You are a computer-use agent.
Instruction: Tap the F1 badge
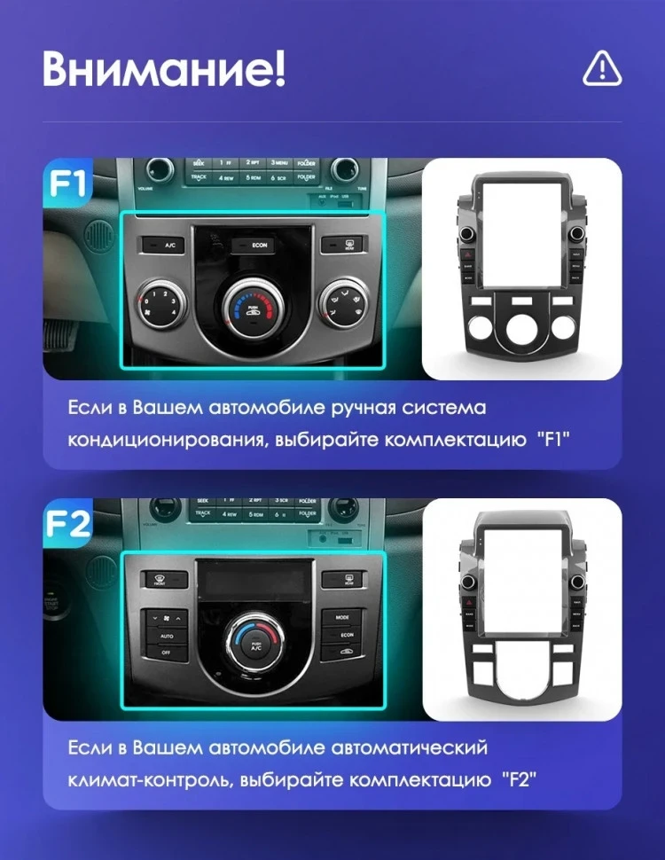68,184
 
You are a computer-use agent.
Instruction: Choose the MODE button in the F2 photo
342,616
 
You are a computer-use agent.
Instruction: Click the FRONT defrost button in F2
163,579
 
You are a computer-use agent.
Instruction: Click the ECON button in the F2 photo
342,635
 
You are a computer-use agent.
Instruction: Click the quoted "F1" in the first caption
552,440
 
